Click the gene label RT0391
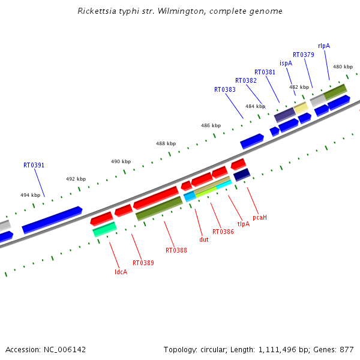point(34,165)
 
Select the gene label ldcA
point(121,272)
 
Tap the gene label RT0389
point(143,263)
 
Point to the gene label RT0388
point(176,250)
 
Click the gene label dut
point(204,239)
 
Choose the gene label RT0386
point(223,231)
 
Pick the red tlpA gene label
point(244,224)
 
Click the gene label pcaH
point(260,217)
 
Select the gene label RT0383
point(225,89)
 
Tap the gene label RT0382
point(246,80)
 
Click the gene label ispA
point(286,63)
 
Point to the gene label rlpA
point(324,46)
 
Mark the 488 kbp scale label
point(166,143)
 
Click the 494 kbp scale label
point(31,195)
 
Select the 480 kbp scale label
point(343,67)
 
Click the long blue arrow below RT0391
point(52,220)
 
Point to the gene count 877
point(347,349)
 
